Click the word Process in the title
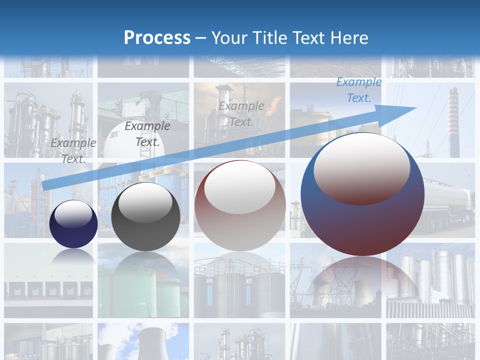pos(157,37)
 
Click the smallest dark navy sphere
pos(73,224)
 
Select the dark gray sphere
pos(145,216)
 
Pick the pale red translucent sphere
pos(240,205)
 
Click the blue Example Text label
pos(358,90)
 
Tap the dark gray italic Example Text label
pos(147,134)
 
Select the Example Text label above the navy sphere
pos(73,150)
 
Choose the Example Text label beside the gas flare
pos(241,113)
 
